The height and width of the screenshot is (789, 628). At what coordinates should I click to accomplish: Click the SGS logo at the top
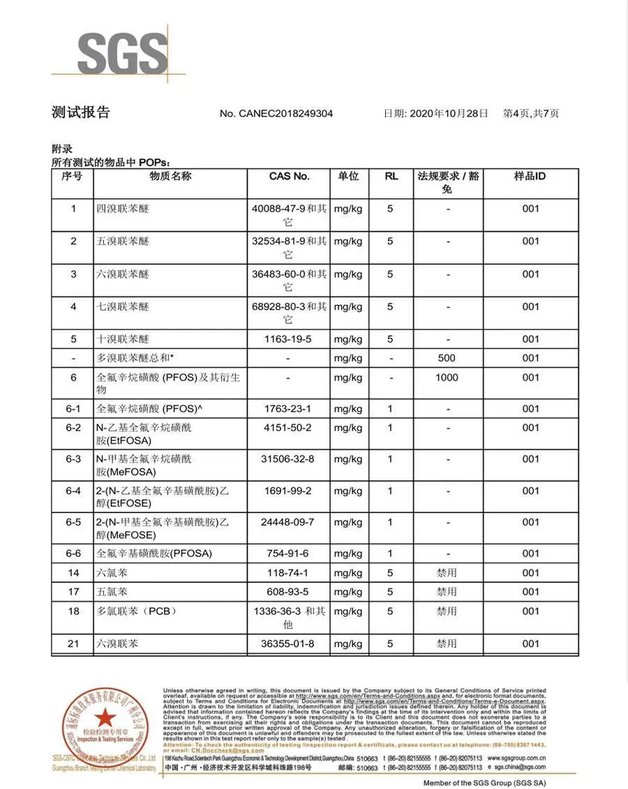coord(123,52)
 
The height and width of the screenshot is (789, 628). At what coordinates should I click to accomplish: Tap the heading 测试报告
coord(81,112)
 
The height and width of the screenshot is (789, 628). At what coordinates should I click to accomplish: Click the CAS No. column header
coord(289,177)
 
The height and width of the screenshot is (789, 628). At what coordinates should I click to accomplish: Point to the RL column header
coord(391,177)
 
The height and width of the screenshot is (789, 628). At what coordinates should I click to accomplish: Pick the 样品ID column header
coord(530,177)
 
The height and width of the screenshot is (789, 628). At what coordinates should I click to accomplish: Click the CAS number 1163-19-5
coord(289,339)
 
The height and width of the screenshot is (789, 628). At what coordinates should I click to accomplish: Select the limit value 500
coord(447,358)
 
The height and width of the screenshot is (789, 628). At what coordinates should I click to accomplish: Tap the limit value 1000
coord(447,378)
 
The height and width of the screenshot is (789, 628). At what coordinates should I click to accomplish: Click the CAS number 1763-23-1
coord(289,409)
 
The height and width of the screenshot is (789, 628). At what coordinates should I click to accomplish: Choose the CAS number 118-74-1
coord(289,573)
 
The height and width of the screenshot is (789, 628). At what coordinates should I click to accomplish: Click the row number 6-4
coord(73,491)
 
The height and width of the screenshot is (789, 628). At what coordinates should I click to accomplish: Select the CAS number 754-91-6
coord(289,554)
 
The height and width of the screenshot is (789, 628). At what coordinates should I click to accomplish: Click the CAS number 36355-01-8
coord(289,644)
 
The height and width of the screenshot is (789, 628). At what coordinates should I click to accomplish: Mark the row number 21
coord(73,644)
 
